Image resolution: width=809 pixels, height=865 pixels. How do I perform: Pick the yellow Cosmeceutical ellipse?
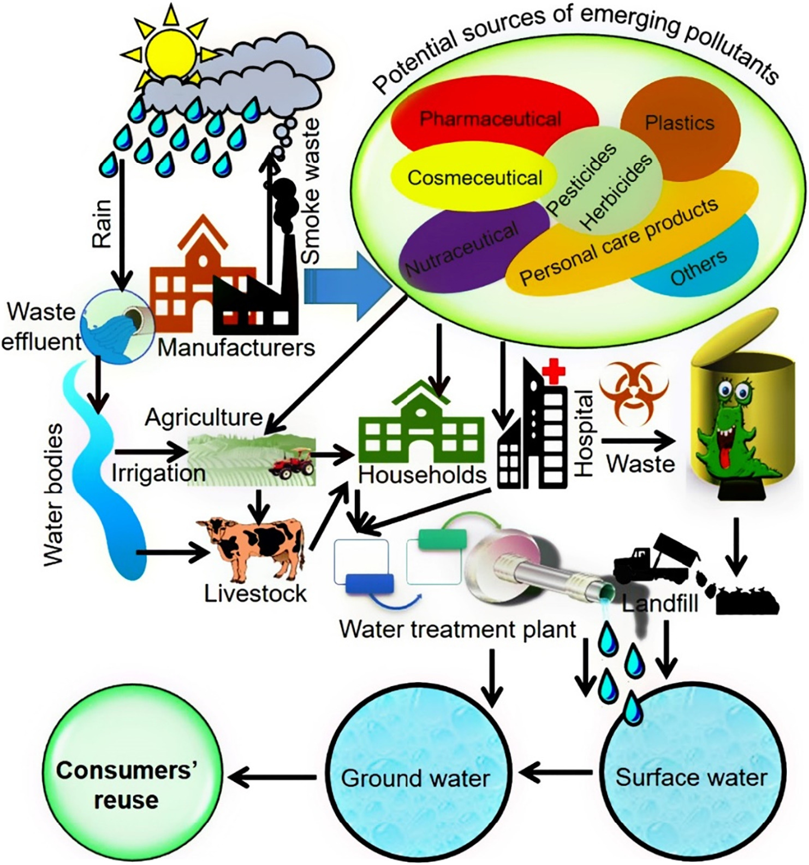click(x=469, y=178)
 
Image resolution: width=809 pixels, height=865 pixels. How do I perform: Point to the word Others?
click(x=698, y=268)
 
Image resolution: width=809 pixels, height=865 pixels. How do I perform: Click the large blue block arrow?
click(x=349, y=286)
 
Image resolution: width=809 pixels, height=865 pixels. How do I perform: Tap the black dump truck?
click(x=655, y=561)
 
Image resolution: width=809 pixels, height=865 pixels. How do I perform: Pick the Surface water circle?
click(x=691, y=776)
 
